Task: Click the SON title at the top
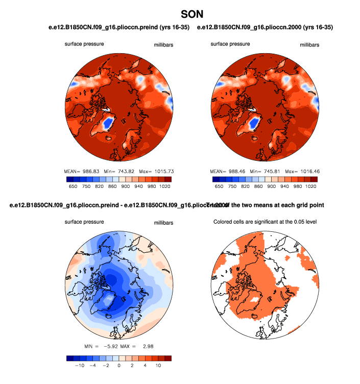(x=192, y=11)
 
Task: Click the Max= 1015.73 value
(x=156, y=171)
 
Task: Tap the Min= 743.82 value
(x=118, y=171)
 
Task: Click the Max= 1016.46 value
(x=302, y=171)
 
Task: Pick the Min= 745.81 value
(x=265, y=171)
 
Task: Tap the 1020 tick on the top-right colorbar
(x=311, y=187)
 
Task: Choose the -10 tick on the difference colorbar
(x=79, y=366)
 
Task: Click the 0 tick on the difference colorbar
(x=119, y=366)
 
